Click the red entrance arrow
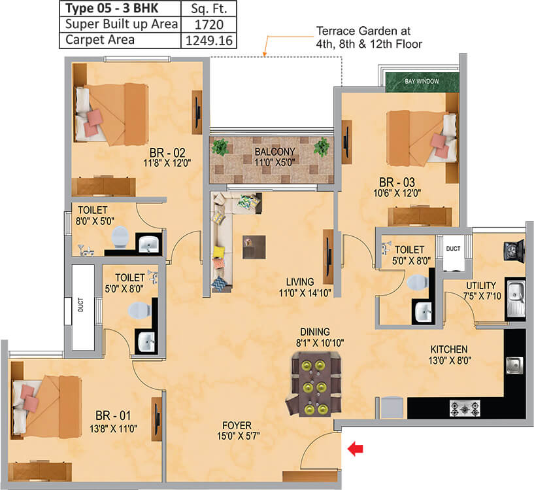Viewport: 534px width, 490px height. coord(356,448)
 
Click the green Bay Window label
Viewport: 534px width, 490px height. coord(422,81)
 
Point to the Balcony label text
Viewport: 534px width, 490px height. coord(269,152)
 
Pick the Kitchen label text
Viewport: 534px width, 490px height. coord(448,349)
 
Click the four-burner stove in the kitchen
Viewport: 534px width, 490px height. coord(465,408)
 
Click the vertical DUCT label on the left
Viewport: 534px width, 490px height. coord(80,307)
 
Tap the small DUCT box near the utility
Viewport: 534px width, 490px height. coord(452,249)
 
